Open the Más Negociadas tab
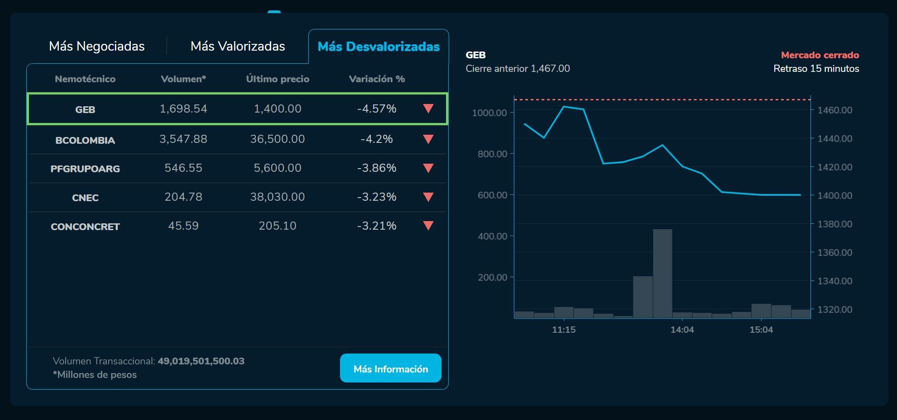coord(96,46)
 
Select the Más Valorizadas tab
coord(238,46)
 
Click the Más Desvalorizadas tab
coord(379,47)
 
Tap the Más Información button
coord(390,368)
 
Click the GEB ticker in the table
coord(85,109)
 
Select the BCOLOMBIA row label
coord(85,140)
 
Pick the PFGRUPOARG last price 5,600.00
coord(277,168)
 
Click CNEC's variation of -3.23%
coord(376,197)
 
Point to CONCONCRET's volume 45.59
coord(183,226)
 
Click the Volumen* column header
coord(183,79)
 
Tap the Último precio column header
coord(278,79)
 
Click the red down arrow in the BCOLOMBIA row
coord(428,139)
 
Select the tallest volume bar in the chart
coord(662,273)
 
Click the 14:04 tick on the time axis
coord(682,330)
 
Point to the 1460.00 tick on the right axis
coord(835,110)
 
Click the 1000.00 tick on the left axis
coord(489,113)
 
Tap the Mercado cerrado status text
coord(820,55)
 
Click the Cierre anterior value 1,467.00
coord(550,69)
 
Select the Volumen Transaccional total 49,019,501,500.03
coord(201,361)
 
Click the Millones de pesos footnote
coord(95,375)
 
